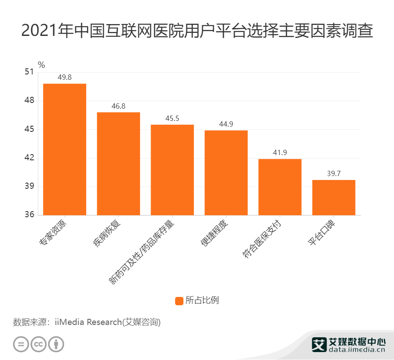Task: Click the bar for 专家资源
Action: point(64,149)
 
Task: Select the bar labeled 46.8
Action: point(118,163)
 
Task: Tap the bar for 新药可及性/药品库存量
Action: point(172,169)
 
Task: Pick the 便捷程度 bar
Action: point(226,173)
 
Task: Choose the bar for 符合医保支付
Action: point(280,187)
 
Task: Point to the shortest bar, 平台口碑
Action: point(334,197)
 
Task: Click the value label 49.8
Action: point(64,78)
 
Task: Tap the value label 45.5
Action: point(172,119)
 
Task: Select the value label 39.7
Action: point(334,174)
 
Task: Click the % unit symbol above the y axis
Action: point(42,65)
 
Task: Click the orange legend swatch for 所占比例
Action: point(179,300)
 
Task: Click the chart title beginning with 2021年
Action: point(197,31)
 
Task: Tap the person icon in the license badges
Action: point(56,344)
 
